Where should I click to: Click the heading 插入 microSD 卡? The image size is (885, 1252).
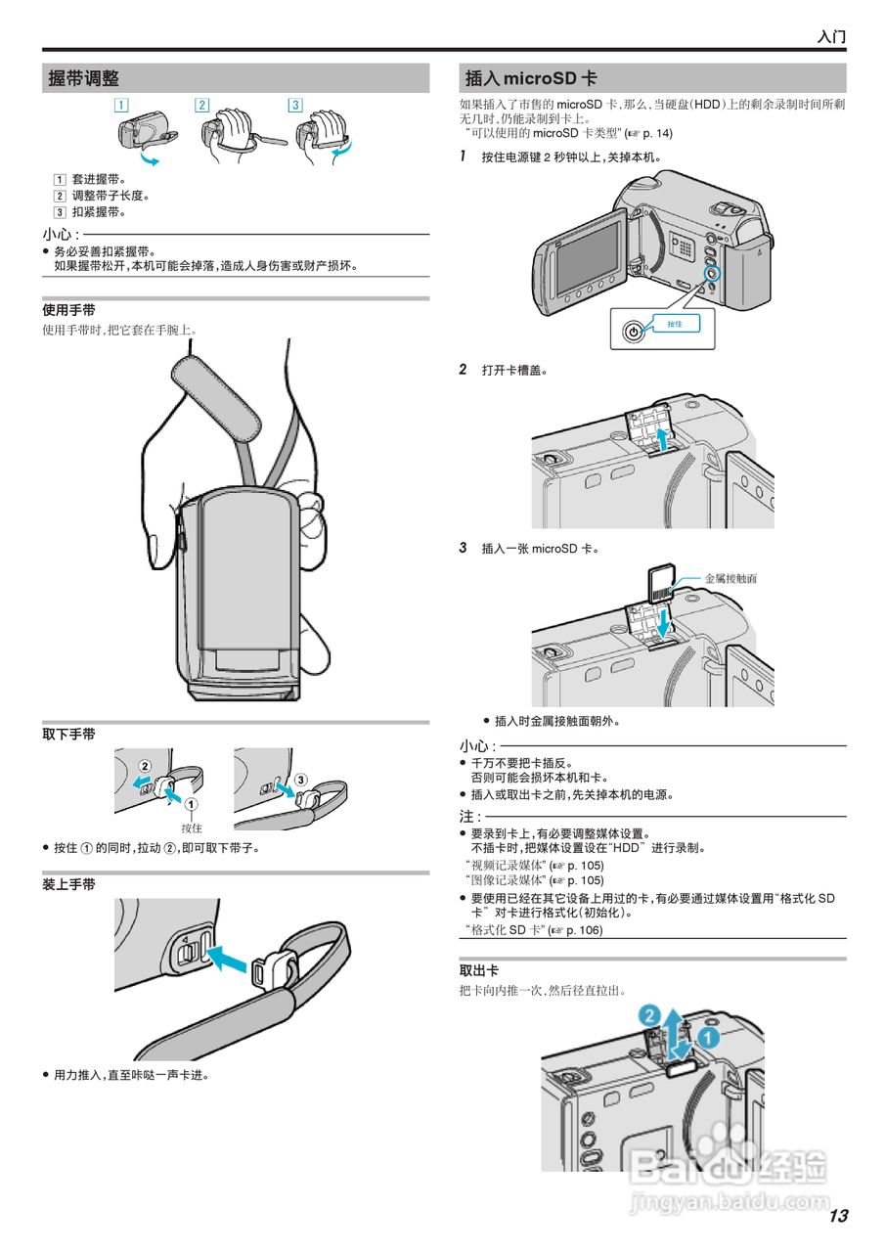[x=531, y=79]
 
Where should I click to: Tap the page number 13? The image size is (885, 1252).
[x=837, y=1216]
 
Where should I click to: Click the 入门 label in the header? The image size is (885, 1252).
[x=831, y=37]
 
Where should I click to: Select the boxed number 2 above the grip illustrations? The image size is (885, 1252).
[x=201, y=105]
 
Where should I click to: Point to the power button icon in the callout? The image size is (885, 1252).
[x=634, y=332]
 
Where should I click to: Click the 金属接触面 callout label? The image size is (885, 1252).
[x=730, y=578]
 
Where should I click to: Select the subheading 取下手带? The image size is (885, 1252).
[x=68, y=734]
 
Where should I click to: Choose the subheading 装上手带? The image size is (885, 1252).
[x=68, y=884]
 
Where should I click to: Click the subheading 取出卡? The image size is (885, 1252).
[x=479, y=970]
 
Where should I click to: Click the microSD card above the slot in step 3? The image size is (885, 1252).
[x=661, y=584]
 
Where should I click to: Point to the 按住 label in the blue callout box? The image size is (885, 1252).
[x=675, y=324]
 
